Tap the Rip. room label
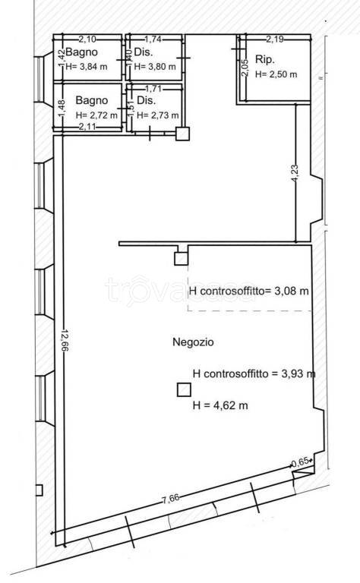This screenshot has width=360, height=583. click(264, 59)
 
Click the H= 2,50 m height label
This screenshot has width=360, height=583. click(276, 74)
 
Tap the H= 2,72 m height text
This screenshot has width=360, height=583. click(96, 115)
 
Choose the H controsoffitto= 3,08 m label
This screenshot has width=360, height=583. click(248, 291)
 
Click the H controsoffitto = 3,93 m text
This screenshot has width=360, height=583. click(254, 373)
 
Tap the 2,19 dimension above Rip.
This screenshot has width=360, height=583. click(274, 39)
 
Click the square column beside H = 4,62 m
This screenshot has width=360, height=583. click(184, 390)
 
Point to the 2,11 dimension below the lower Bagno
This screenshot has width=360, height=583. click(90, 127)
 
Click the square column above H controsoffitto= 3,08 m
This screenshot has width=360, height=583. click(181, 259)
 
